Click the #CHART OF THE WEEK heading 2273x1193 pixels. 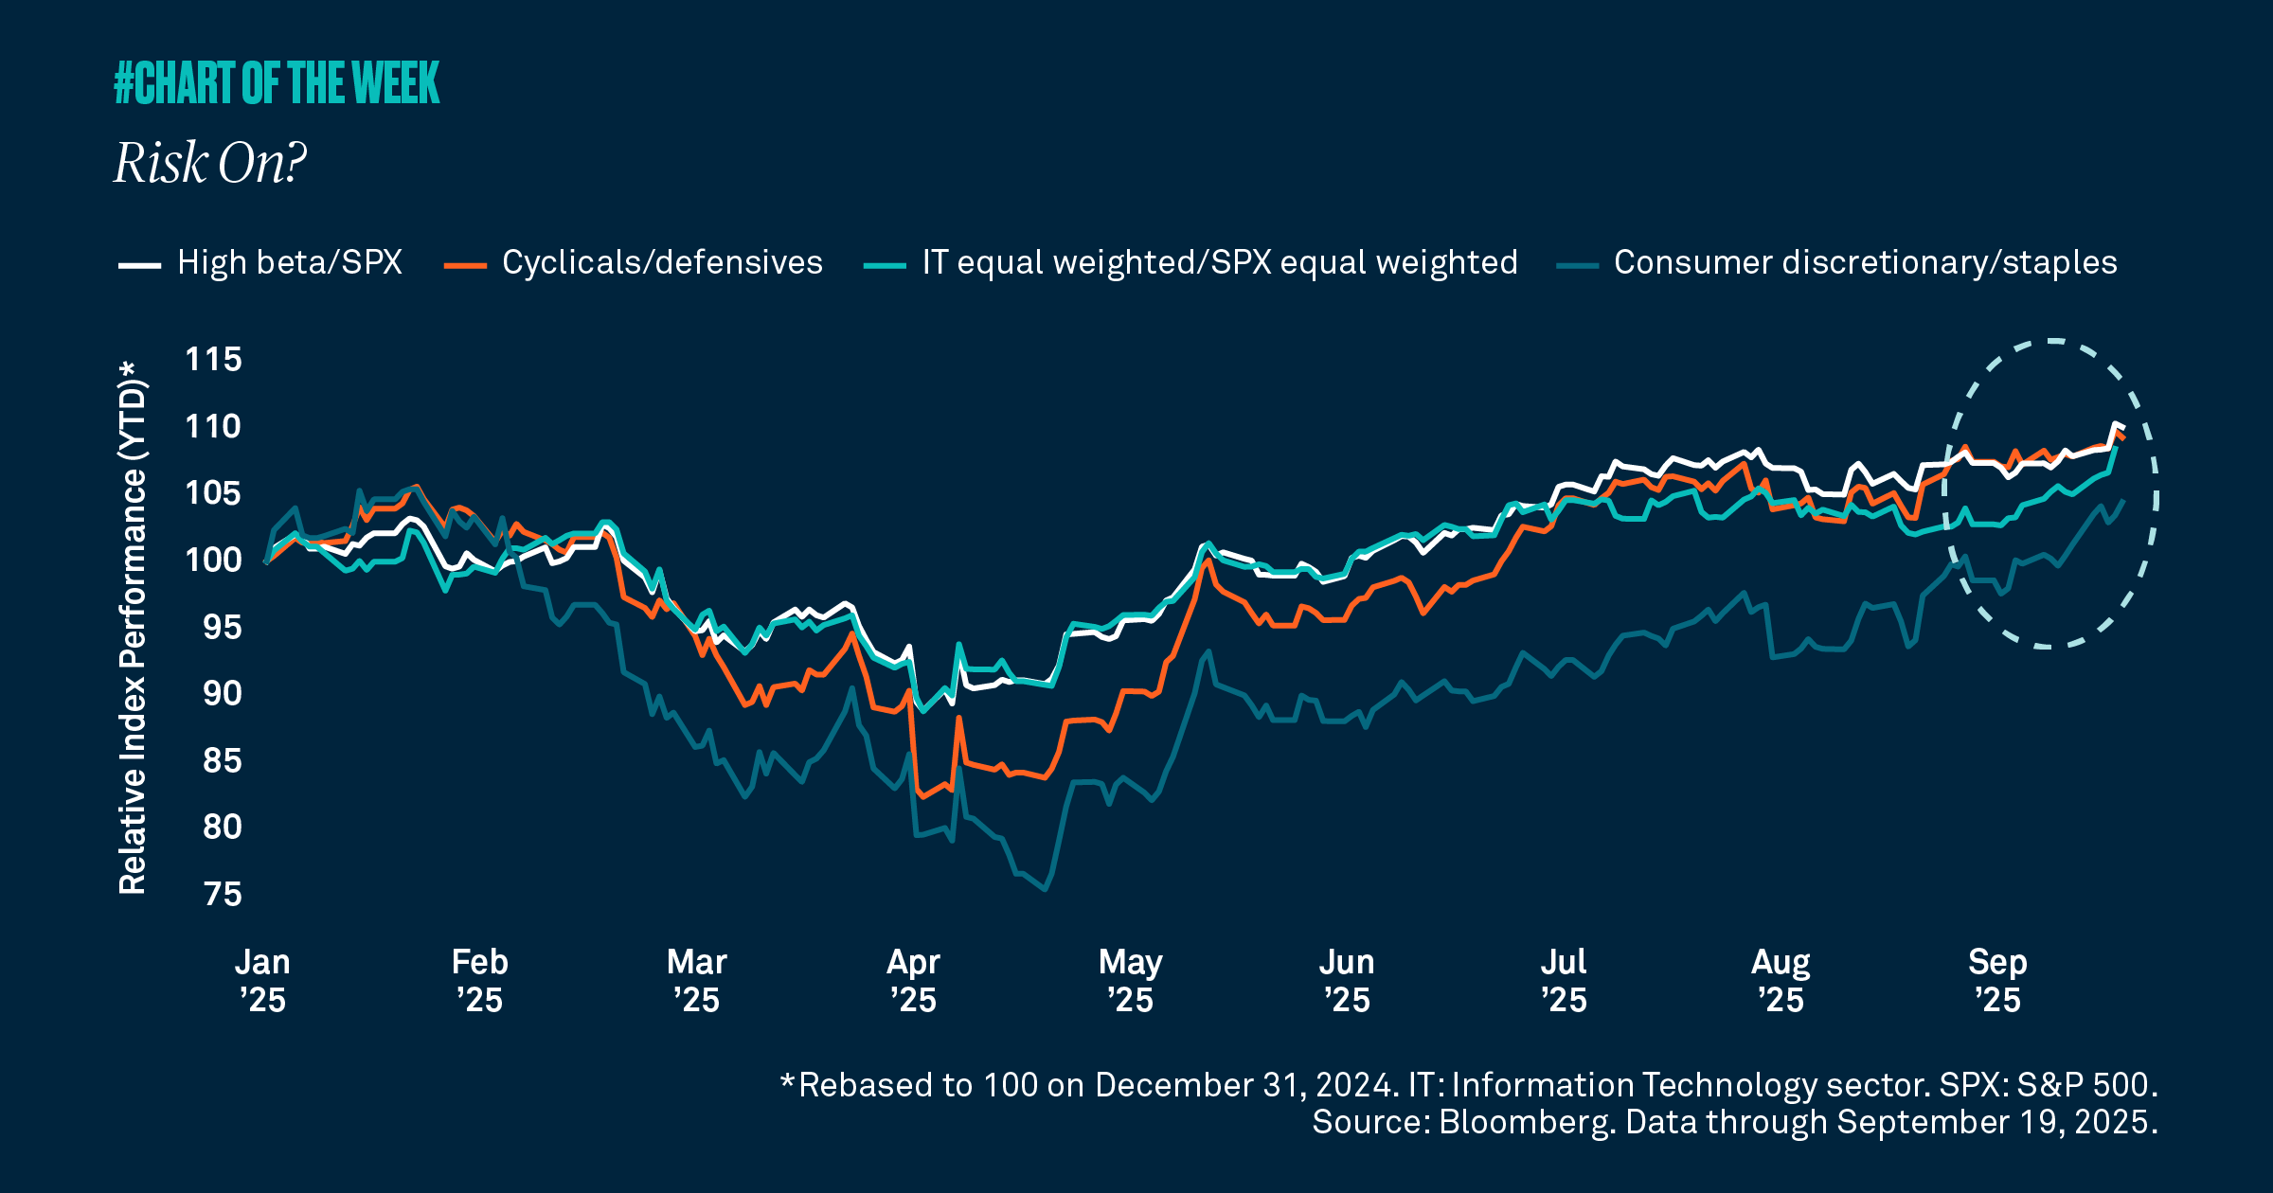click(x=277, y=83)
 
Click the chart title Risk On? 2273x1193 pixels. click(x=210, y=163)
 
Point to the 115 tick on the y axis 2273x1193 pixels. click(x=213, y=360)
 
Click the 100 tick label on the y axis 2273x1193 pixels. click(x=213, y=561)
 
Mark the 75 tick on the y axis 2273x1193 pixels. click(x=223, y=895)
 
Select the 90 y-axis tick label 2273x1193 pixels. click(x=223, y=694)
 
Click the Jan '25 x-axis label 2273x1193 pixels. click(x=262, y=981)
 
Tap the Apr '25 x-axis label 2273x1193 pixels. click(x=913, y=981)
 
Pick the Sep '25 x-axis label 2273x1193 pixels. click(x=1997, y=981)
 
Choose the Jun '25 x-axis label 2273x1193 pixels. click(x=1347, y=981)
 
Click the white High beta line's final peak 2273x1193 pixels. click(x=2115, y=424)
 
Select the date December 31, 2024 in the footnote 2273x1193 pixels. click(x=1244, y=1085)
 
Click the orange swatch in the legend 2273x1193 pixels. click(x=465, y=266)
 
